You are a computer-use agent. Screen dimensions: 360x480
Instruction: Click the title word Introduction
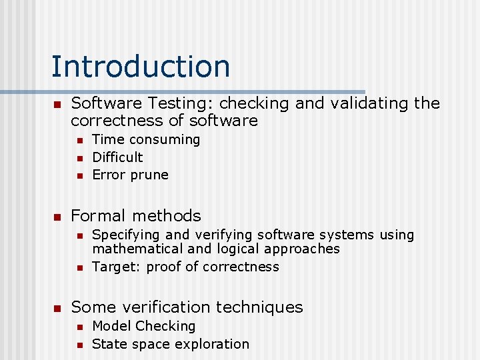[x=141, y=67]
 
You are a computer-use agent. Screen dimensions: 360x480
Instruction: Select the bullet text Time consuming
[x=146, y=139]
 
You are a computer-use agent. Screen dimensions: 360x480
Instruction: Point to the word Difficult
[x=117, y=157]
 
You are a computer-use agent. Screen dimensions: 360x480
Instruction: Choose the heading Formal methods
[x=135, y=215]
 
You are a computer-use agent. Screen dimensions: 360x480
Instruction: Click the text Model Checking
[x=144, y=326]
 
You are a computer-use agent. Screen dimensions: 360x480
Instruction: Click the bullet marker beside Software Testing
[x=57, y=105]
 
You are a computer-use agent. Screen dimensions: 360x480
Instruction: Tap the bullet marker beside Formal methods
[x=57, y=217]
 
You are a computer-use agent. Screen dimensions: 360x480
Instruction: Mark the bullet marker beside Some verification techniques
[x=57, y=308]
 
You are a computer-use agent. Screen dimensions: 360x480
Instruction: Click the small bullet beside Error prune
[x=79, y=176]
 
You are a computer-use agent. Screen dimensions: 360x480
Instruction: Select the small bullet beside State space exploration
[x=79, y=345]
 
